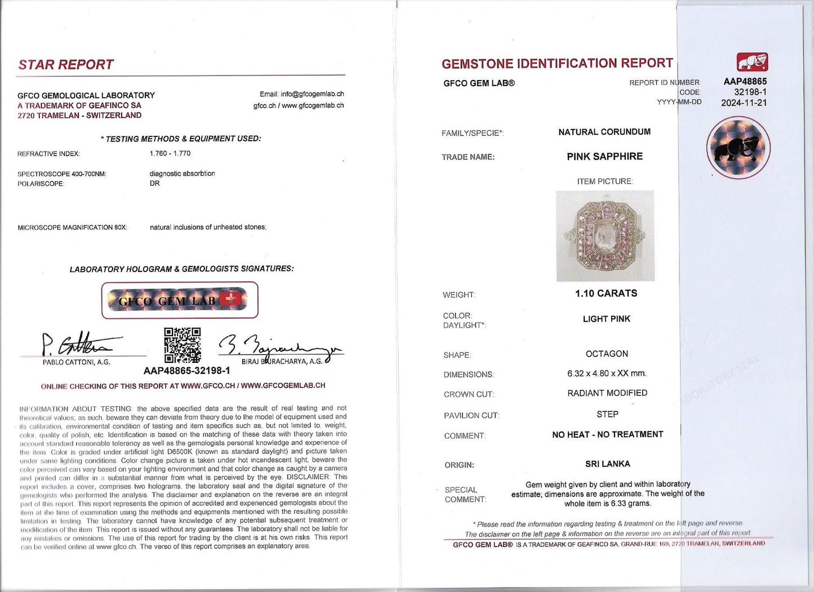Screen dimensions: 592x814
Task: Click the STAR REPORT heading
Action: [66, 65]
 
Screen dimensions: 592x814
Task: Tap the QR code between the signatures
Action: [182, 345]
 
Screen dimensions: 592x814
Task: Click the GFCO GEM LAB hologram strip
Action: [180, 300]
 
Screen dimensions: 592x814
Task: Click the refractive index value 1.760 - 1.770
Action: [170, 153]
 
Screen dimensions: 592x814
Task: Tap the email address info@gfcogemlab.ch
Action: [301, 94]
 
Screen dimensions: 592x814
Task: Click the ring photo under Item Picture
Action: [605, 235]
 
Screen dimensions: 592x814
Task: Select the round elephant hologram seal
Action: [739, 148]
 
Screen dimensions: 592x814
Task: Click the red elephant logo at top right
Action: [752, 62]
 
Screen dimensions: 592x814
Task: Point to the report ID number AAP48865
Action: [745, 82]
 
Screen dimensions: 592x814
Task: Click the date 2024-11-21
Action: [744, 103]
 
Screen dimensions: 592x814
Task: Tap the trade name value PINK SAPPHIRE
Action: [604, 157]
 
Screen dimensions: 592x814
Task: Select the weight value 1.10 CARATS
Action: [606, 293]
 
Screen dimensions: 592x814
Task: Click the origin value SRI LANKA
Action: [607, 464]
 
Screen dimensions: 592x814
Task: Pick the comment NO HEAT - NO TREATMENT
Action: [607, 434]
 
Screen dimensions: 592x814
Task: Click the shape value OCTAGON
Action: [607, 354]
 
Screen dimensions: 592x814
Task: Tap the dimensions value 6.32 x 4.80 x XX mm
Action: [607, 373]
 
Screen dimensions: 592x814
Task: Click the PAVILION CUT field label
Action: [472, 416]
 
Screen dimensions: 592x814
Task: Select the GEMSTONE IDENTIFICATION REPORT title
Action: [557, 64]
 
